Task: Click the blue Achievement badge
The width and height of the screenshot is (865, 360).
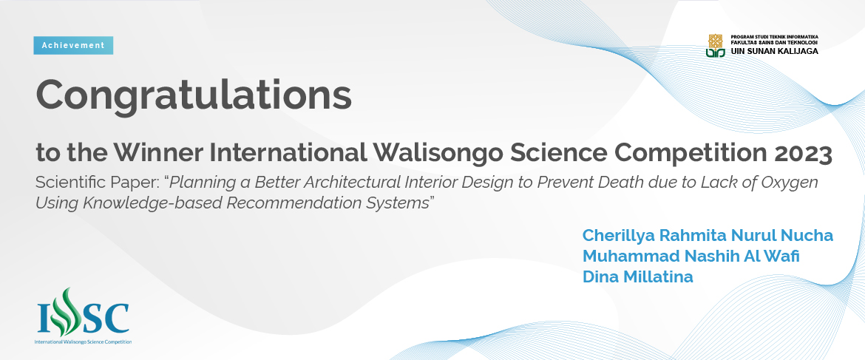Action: pyautogui.click(x=73, y=45)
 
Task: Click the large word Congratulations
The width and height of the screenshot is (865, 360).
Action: pyautogui.click(x=194, y=95)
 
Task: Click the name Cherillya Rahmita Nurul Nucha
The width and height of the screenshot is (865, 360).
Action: pyautogui.click(x=708, y=235)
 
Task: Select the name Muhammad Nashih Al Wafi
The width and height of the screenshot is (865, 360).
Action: pyautogui.click(x=691, y=257)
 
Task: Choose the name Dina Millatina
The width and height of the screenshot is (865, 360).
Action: pyautogui.click(x=638, y=276)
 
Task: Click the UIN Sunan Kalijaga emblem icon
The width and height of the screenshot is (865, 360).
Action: pyautogui.click(x=715, y=44)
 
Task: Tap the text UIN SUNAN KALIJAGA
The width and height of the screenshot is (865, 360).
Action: pyautogui.click(x=775, y=51)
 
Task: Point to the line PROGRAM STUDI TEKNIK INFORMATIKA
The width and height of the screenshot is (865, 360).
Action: pyautogui.click(x=775, y=36)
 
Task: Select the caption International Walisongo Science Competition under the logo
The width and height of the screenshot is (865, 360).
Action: pyautogui.click(x=84, y=342)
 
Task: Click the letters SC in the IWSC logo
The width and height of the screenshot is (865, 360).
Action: pyautogui.click(x=106, y=317)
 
